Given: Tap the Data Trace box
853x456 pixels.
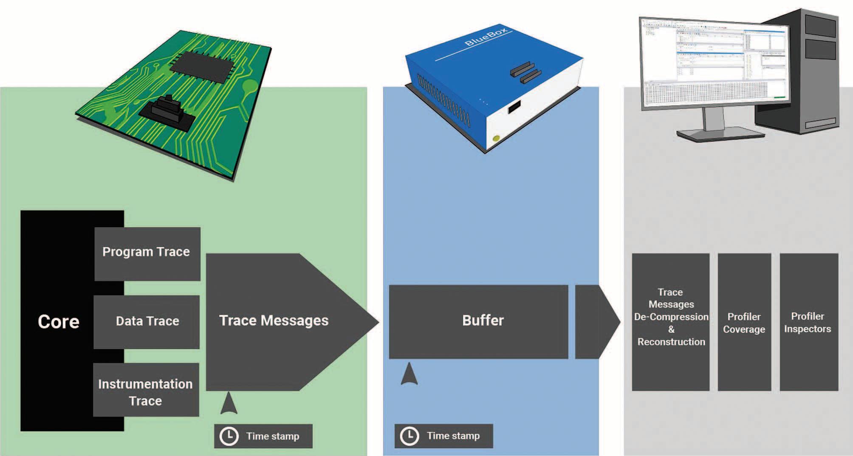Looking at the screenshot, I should click(x=147, y=322).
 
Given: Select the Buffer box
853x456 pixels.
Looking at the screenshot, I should click(x=478, y=321).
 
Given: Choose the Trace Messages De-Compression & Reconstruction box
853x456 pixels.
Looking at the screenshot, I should click(x=670, y=321).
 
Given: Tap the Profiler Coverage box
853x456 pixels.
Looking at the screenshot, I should click(x=744, y=322).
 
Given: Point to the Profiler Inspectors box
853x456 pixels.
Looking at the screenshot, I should click(x=808, y=322).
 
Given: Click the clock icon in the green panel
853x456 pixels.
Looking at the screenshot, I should click(x=229, y=436).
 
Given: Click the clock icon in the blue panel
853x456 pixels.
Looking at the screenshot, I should click(x=410, y=436).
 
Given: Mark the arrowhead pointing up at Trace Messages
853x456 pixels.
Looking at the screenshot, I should click(x=229, y=404).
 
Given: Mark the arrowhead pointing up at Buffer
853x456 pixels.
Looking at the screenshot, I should click(x=409, y=374).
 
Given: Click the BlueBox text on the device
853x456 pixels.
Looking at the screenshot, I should click(x=486, y=37).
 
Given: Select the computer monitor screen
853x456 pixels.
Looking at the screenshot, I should click(x=714, y=64).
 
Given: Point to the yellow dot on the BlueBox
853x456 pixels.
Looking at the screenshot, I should click(x=496, y=138).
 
